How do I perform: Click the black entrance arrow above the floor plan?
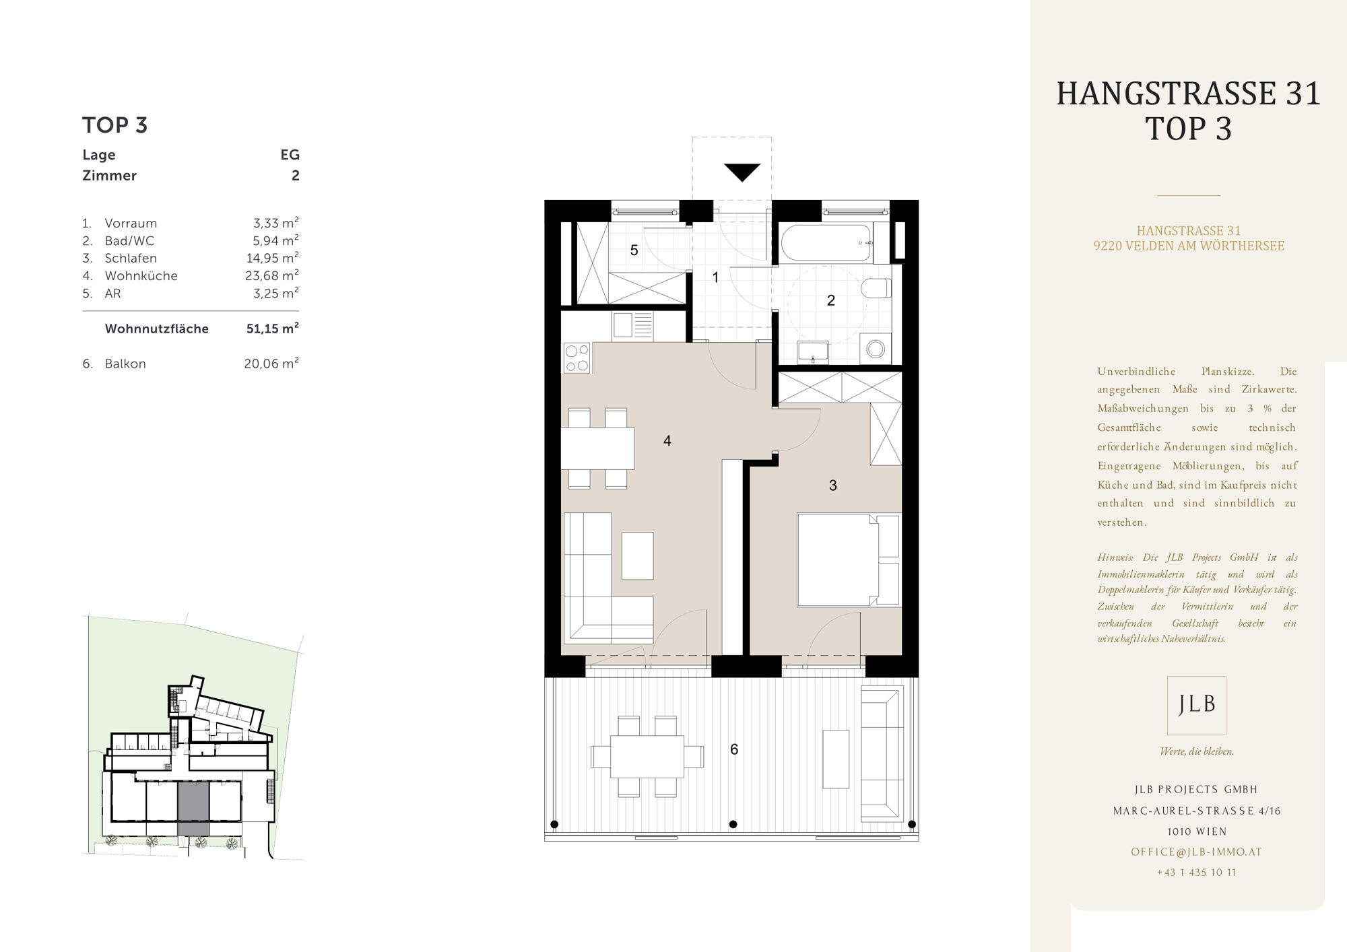coord(742,172)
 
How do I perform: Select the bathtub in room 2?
coord(827,243)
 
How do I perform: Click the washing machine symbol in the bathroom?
coord(876,349)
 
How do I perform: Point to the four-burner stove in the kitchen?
coord(577,358)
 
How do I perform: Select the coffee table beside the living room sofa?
coord(637,555)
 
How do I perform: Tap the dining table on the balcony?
coord(647,757)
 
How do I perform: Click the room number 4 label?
coord(667,441)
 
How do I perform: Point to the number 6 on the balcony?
coord(734,749)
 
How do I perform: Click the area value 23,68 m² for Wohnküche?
coord(271,275)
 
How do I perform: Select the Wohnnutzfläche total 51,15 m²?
coord(272,329)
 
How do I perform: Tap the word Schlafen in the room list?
coord(131,258)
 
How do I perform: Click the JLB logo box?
coord(1197,705)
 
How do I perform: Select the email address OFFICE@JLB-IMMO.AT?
coord(1197,852)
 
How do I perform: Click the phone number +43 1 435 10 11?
coord(1197,873)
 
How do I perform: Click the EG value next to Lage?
coord(290,155)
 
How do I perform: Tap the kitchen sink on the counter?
coord(623,325)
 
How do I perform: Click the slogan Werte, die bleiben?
coord(1197,751)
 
